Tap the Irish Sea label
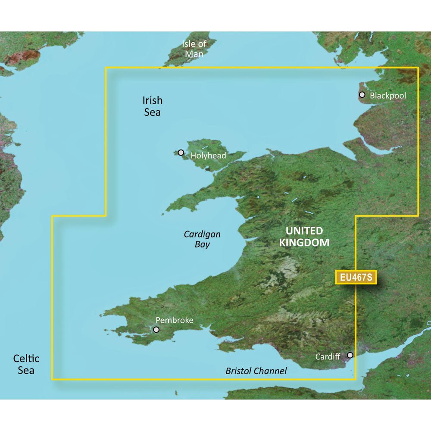152,106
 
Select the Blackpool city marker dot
362,95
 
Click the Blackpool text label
388,95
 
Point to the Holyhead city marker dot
181,153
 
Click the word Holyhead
208,156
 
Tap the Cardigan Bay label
202,239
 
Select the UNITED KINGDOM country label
304,236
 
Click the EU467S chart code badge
356,278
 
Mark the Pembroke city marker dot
156,330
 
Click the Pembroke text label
174,320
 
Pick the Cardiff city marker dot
350,355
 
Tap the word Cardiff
328,356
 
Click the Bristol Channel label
256,371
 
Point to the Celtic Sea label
26,364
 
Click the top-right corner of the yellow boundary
418,67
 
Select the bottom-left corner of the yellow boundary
52,379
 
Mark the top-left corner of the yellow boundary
106,67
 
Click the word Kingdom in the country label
304,243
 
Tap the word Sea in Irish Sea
153,112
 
